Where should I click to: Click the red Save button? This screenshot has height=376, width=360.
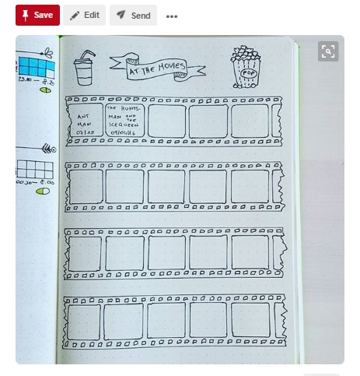coord(37,15)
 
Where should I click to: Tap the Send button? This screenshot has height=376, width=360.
coord(133,15)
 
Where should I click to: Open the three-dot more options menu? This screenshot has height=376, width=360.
coord(172,16)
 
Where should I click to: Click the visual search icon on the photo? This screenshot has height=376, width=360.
coord(328,51)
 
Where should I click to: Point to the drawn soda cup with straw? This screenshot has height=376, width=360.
coord(84,68)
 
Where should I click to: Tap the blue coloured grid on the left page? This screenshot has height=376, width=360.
coord(32,65)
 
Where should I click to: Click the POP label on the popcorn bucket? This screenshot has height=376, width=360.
coord(249,73)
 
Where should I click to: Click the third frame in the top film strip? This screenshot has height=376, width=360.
coord(166,121)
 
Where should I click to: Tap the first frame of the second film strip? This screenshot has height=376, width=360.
coord(86,187)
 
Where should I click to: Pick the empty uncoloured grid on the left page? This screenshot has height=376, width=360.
coord(35,169)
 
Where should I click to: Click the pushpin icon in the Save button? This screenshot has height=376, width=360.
coord(25,15)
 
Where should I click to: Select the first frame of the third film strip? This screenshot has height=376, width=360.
coord(86,252)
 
